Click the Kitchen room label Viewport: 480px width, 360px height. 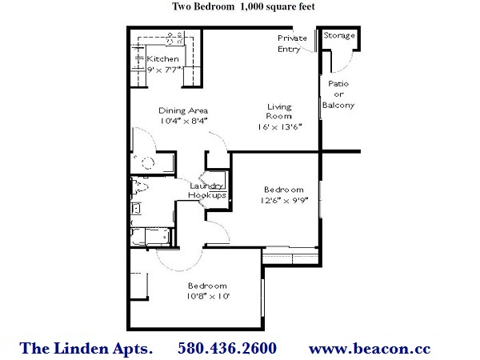click(162, 58)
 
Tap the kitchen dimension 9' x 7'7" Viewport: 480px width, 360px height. click(165, 70)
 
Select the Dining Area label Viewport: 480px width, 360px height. click(183, 110)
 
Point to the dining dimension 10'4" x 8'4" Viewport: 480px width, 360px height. click(184, 121)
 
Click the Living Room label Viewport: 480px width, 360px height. click(279, 111)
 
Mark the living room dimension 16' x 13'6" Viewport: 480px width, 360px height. click(279, 126)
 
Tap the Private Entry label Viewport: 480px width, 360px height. click(292, 43)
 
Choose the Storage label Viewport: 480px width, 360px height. click(339, 35)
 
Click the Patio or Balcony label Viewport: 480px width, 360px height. click(338, 94)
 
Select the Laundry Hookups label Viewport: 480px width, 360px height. click(207, 190)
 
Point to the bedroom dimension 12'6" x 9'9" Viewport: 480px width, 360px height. click(284, 201)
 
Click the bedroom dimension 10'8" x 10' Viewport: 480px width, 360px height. click(208, 296)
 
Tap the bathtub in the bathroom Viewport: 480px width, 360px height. click(150, 236)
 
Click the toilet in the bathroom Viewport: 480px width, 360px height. click(139, 186)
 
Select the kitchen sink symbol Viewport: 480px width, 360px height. click(174, 39)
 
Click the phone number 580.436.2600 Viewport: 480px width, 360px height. click(227, 348)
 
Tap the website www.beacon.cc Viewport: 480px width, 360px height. click(370, 349)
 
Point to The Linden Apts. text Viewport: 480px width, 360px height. click(86, 349)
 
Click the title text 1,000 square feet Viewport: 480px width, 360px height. click(278, 6)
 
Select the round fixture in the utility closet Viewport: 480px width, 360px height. click(148, 162)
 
